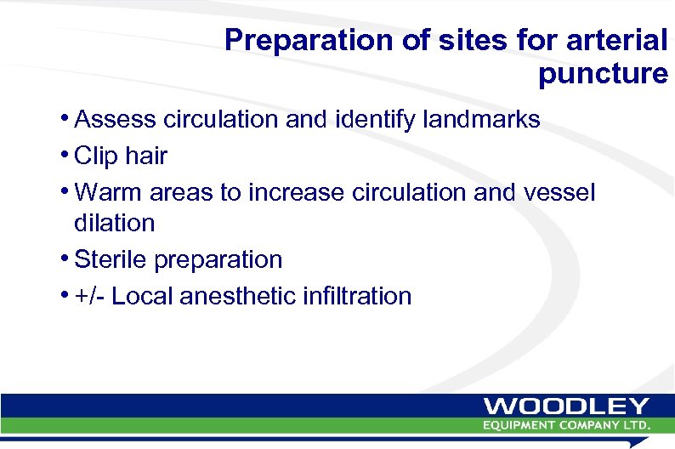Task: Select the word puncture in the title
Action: [x=603, y=74]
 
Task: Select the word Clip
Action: [x=95, y=156]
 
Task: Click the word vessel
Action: [x=559, y=193]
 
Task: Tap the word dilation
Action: [x=115, y=224]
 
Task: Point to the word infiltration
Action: [x=357, y=296]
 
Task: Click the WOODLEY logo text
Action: [x=567, y=406]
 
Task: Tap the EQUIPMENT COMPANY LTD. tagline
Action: [x=567, y=424]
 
